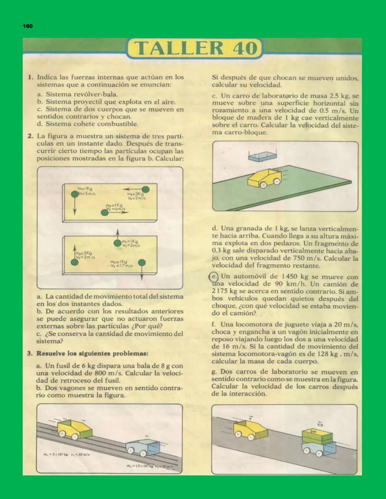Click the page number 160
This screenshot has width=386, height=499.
(x=28, y=26)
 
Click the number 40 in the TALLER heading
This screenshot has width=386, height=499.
(x=245, y=49)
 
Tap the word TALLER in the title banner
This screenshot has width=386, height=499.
(x=178, y=49)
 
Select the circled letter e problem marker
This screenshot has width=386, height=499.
(x=213, y=276)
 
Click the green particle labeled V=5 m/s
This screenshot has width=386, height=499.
(x=74, y=194)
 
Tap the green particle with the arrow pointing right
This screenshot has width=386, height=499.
(x=104, y=213)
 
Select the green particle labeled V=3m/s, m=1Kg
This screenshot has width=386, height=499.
(x=117, y=243)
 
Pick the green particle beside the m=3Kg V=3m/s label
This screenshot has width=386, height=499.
(x=74, y=263)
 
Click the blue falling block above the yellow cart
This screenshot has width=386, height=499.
(x=263, y=156)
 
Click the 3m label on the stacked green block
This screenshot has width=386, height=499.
(x=313, y=432)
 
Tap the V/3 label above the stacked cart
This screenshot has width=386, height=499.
(x=320, y=424)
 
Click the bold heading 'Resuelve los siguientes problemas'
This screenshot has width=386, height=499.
(x=92, y=354)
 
